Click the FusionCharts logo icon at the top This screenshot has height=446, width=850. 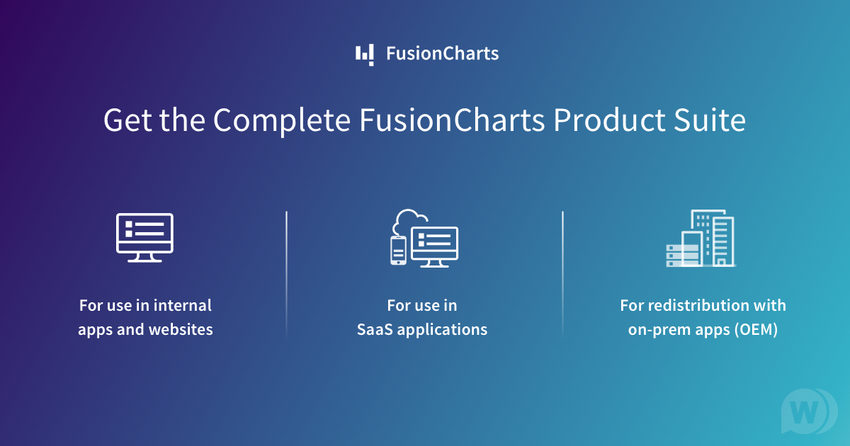coord(365,55)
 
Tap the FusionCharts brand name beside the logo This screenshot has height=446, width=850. coord(442,53)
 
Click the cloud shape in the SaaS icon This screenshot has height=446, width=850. coord(410,219)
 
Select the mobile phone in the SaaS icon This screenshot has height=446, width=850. coord(399,250)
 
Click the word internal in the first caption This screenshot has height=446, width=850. coord(183,306)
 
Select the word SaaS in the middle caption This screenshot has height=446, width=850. coord(375,330)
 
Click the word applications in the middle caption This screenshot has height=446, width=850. coord(443,330)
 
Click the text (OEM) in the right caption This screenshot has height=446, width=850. coord(755,330)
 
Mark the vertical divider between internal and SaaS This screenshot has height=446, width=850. coord(287,273)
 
